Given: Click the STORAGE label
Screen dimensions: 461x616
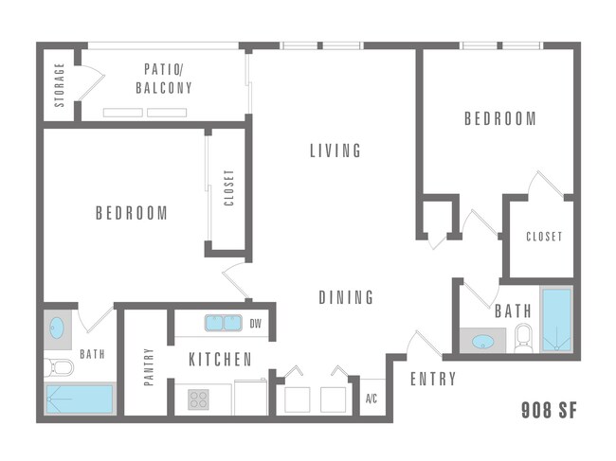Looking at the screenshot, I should tap(60, 85).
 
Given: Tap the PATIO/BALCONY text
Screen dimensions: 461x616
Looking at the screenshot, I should tap(169, 79).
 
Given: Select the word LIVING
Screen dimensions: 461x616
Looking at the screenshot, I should tap(336, 151).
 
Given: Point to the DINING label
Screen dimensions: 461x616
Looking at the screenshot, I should tap(345, 297).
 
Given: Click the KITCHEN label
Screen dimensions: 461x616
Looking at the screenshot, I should tap(220, 360).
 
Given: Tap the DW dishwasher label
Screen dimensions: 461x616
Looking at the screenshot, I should tap(255, 324).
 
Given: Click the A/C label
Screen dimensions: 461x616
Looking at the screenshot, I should tap(372, 399).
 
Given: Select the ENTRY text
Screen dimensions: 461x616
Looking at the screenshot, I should tap(433, 380).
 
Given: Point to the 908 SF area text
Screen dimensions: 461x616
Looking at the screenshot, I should tap(549, 411).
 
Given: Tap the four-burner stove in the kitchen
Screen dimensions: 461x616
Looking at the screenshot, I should tap(198, 399).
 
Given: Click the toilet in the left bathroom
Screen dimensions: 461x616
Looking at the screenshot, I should tap(60, 366).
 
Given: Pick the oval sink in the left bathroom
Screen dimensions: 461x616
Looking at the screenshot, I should tap(58, 328).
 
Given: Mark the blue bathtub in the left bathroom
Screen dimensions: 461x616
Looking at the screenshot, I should tap(81, 399).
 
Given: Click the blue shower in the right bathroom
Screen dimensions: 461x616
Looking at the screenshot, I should tap(556, 319).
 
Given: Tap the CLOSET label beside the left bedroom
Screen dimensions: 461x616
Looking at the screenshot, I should tap(228, 187).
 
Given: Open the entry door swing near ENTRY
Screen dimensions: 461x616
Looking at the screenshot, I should tap(421, 343).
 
